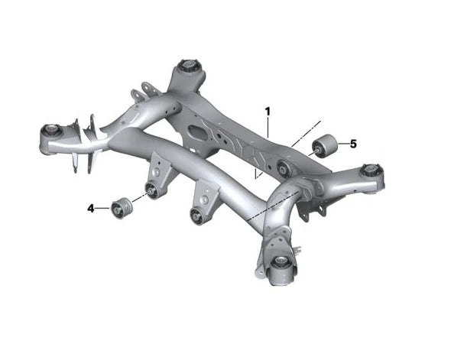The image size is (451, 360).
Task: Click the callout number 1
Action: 268,112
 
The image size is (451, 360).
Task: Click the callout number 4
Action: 90,207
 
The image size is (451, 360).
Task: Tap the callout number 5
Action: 352,143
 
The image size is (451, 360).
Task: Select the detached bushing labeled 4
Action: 118,206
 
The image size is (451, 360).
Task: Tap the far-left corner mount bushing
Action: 50,132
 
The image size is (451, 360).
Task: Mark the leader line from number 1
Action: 268,127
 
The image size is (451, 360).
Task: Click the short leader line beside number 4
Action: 102,207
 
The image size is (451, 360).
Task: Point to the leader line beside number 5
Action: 341,144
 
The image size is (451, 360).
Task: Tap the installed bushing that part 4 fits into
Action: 152,189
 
